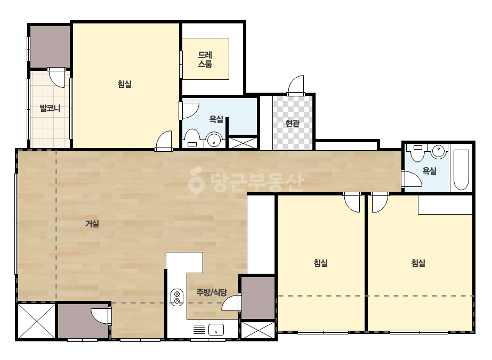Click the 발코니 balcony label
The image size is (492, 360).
50,109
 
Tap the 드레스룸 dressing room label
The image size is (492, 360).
205,60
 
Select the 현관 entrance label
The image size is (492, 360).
292,124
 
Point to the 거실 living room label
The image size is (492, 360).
92,224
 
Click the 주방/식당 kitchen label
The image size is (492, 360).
212,292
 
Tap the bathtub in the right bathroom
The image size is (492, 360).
461,170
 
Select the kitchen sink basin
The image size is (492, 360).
216,330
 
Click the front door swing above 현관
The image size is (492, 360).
296,85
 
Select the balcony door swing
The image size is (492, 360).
57,77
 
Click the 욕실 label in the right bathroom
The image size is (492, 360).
429,171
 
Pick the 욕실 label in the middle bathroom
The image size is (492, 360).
216,119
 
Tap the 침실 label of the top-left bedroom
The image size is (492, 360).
125,84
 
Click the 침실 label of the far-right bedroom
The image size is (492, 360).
418,263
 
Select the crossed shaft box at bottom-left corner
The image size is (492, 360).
36,321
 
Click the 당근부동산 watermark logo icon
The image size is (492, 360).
196,180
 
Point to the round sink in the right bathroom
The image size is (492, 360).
439,151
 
